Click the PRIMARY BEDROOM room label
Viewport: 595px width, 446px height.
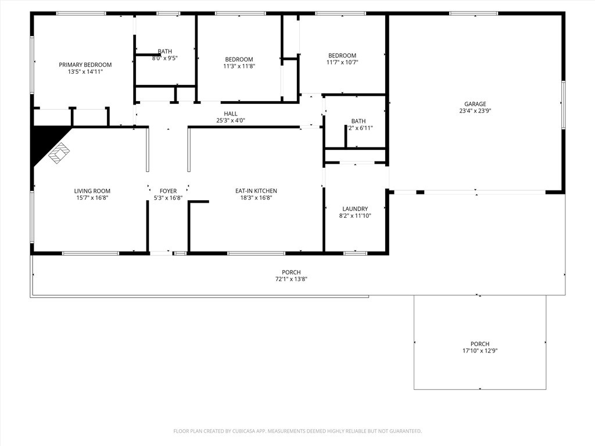coord(85,64)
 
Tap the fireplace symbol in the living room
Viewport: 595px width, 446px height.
coord(58,154)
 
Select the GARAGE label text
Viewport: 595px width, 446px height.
coord(475,104)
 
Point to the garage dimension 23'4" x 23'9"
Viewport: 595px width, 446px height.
coord(475,111)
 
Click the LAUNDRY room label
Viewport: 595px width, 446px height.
coord(355,208)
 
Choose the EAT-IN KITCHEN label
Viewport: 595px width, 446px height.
coord(256,190)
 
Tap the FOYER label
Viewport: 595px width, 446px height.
coord(168,190)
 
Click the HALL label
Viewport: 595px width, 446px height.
coord(231,114)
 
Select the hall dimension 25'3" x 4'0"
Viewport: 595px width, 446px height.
coord(231,121)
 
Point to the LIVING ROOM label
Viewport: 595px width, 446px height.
coord(92,190)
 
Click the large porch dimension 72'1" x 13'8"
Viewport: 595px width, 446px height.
coord(291,279)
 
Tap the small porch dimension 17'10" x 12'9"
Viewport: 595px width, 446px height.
coord(479,351)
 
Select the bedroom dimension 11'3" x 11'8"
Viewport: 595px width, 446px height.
coord(239,66)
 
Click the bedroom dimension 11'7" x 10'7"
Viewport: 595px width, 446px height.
coord(342,63)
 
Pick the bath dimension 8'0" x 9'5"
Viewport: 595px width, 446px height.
coord(165,58)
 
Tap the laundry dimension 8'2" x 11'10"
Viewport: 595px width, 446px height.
coord(355,215)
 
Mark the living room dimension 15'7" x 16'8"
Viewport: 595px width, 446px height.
coord(92,197)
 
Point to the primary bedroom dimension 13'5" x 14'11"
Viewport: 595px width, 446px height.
coord(85,71)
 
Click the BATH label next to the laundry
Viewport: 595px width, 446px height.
coord(359,121)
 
